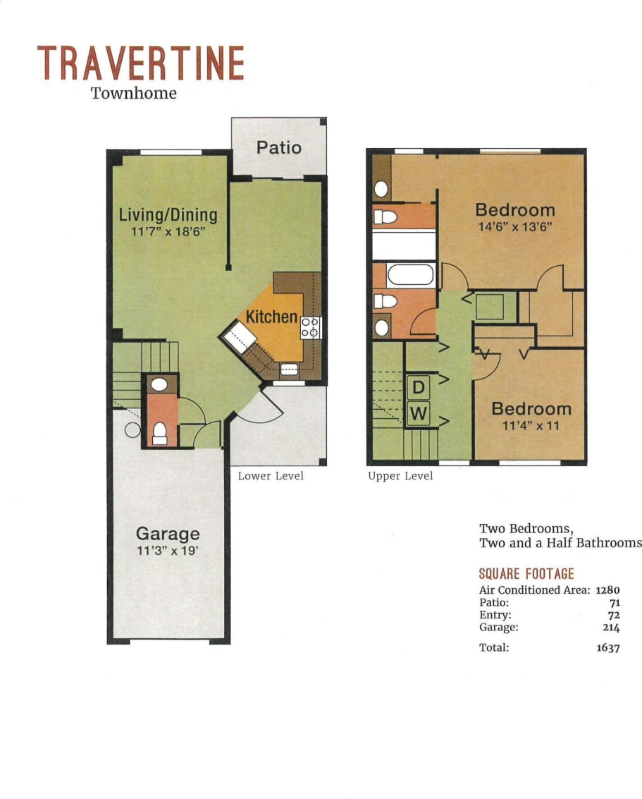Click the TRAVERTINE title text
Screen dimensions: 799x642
click(x=140, y=63)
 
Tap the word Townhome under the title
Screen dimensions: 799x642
click(x=134, y=93)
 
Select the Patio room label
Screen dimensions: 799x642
click(x=278, y=147)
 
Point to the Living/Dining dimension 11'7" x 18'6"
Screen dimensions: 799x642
click(x=168, y=231)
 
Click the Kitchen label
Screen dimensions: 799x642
click(x=271, y=317)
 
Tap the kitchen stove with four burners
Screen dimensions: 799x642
click(x=311, y=327)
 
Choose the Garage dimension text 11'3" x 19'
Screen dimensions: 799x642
click(x=168, y=551)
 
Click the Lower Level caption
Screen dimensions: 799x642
click(x=271, y=476)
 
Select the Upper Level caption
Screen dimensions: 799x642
click(x=400, y=476)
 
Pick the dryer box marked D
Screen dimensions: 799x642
click(x=418, y=386)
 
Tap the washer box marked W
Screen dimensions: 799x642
click(x=418, y=415)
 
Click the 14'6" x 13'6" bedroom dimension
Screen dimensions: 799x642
click(x=514, y=227)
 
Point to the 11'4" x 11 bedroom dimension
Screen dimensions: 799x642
click(x=531, y=425)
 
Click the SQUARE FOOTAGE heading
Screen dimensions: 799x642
click(x=526, y=574)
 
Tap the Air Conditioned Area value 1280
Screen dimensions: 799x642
click(x=607, y=590)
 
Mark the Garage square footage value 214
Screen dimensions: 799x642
click(x=610, y=627)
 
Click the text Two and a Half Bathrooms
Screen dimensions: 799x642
click(x=560, y=542)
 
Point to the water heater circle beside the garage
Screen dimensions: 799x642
click(x=132, y=429)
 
